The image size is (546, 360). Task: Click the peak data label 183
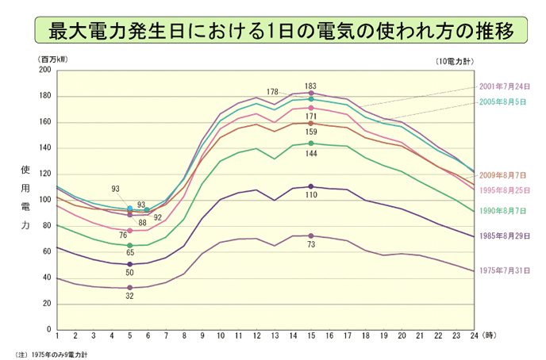point(311,85)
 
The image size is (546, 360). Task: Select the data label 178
point(273,91)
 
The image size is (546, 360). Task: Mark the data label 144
point(311,152)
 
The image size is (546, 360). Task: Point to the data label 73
point(311,245)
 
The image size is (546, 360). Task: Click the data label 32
point(130,297)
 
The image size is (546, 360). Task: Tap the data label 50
point(130,273)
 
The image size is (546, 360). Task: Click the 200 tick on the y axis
point(44,70)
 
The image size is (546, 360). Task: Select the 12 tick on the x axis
point(256,336)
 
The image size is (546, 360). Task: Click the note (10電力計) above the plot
point(454,60)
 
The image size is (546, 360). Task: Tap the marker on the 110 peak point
point(311,186)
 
